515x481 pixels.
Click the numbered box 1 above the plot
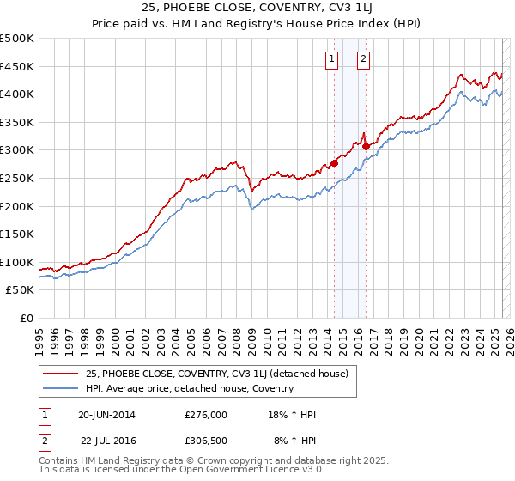pyautogui.click(x=331, y=59)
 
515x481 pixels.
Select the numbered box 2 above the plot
pyautogui.click(x=364, y=59)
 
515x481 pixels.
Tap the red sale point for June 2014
pyautogui.click(x=334, y=163)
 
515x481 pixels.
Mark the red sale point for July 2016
pyautogui.click(x=366, y=146)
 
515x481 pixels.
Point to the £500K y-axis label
pyautogui.click(x=17, y=39)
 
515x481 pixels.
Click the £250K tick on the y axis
pyautogui.click(x=17, y=178)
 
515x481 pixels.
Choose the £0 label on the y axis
pyautogui.click(x=26, y=318)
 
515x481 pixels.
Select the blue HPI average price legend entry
pyautogui.click(x=189, y=388)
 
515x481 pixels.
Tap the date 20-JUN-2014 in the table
pyautogui.click(x=106, y=415)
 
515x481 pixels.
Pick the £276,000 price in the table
pyautogui.click(x=206, y=415)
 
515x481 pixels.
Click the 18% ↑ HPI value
pyautogui.click(x=292, y=415)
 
